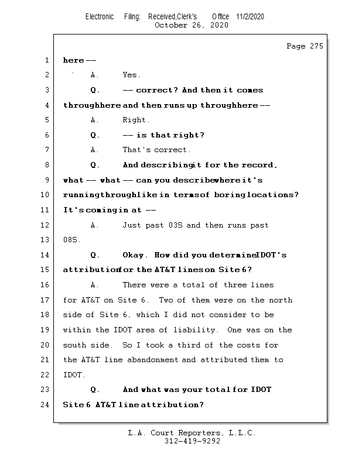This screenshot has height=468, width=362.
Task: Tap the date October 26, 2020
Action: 192,25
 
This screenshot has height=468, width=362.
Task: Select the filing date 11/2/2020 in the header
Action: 250,16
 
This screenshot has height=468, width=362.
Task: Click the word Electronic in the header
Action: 100,16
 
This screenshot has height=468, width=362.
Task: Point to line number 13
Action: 46,240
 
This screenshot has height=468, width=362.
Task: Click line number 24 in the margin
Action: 46,404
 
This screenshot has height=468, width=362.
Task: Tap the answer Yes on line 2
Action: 131,75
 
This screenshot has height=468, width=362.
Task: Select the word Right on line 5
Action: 133,120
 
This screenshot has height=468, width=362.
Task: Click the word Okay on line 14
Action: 135,255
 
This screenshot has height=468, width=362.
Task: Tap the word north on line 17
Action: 280,300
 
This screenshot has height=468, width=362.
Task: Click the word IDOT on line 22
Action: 73,374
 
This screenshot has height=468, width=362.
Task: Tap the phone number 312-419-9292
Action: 192,441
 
